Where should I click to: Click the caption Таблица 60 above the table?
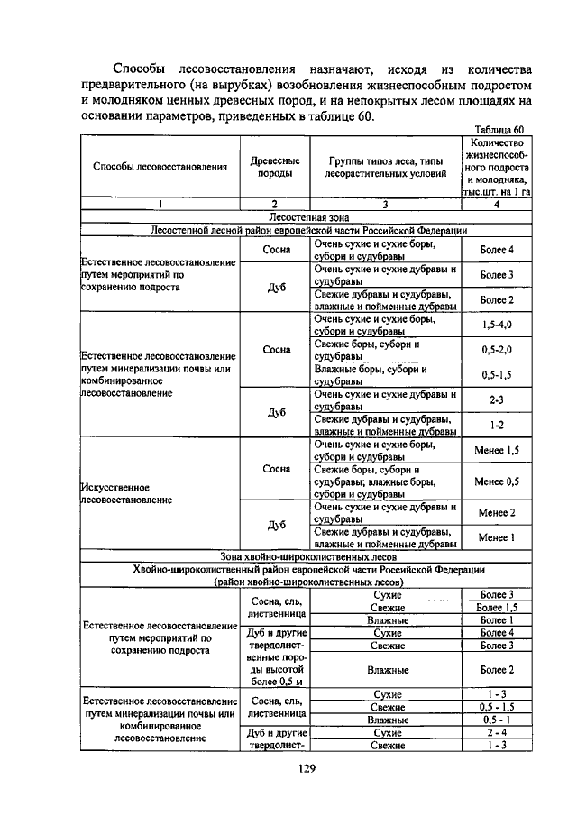click(498, 130)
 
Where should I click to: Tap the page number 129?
click(305, 769)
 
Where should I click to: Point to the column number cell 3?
click(386, 205)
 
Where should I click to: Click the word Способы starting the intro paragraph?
click(141, 69)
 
